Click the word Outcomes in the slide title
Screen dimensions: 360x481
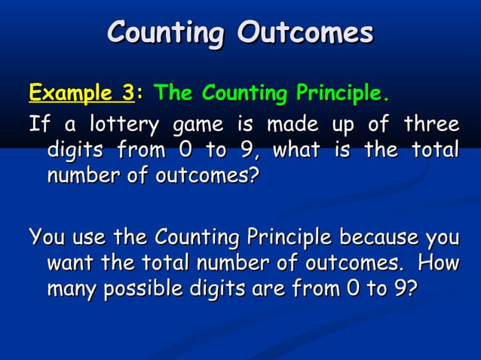pyautogui.click(x=305, y=32)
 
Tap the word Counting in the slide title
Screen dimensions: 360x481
pyautogui.click(x=165, y=32)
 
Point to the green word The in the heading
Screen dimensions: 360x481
pyautogui.click(x=173, y=94)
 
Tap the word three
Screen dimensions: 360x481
pyautogui.click(x=431, y=123)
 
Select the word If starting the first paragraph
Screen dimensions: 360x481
pyautogui.click(x=36, y=123)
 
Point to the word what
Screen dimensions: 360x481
pyautogui.click(x=296, y=150)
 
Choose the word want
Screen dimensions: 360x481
pyautogui.click(x=70, y=265)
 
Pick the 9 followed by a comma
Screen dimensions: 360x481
pyautogui.click(x=243, y=150)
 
